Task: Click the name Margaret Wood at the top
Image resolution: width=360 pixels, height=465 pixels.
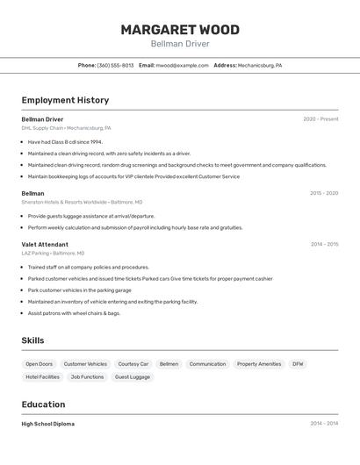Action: pyautogui.click(x=179, y=29)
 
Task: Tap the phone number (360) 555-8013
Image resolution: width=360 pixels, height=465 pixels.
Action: pyautogui.click(x=115, y=65)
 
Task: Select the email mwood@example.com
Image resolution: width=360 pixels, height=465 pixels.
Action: pyautogui.click(x=182, y=65)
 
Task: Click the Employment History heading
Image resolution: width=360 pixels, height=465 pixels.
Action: pyautogui.click(x=65, y=100)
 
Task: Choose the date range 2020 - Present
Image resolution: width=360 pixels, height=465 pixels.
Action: pyautogui.click(x=320, y=118)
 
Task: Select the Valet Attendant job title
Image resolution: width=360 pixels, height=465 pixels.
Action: pyautogui.click(x=45, y=244)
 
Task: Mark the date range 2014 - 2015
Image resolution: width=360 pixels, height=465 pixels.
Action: pyautogui.click(x=324, y=244)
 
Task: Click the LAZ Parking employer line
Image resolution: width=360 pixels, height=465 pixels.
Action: pyautogui.click(x=53, y=253)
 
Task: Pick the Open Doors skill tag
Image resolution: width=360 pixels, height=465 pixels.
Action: pyautogui.click(x=39, y=363)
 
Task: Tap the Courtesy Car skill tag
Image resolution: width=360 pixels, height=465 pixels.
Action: pyautogui.click(x=133, y=363)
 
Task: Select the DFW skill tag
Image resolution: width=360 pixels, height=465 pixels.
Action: pyautogui.click(x=299, y=363)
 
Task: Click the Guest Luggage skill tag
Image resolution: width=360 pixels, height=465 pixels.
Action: pyautogui.click(x=133, y=376)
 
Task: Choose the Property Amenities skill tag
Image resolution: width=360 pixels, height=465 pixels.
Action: pyautogui.click(x=259, y=363)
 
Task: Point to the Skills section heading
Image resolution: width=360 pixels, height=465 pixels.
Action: pyautogui.click(x=32, y=340)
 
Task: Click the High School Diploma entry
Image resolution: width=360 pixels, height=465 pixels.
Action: pyautogui.click(x=47, y=424)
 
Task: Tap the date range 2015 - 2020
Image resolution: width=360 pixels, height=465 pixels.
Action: pyautogui.click(x=324, y=192)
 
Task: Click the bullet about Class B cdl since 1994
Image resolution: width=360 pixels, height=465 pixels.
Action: pyautogui.click(x=65, y=141)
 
